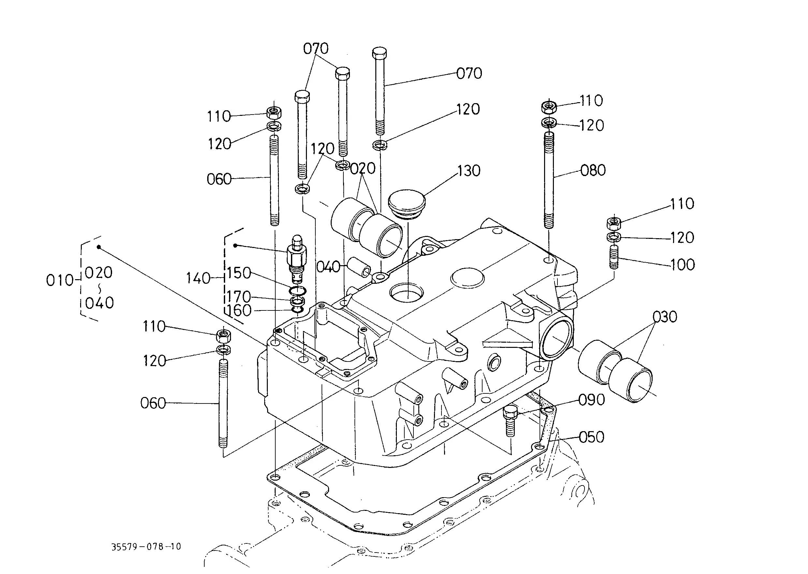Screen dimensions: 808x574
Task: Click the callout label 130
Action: (469, 171)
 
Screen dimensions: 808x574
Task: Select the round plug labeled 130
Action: (407, 204)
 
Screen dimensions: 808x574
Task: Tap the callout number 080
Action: (593, 171)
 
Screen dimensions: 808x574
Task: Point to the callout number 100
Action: (683, 265)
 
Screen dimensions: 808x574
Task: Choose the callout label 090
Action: (591, 400)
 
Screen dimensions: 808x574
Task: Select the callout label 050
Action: (591, 437)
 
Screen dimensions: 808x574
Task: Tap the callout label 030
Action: (665, 317)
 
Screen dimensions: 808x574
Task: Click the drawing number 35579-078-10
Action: (146, 547)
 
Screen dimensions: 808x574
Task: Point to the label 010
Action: (59, 280)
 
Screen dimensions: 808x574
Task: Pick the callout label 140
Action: (198, 279)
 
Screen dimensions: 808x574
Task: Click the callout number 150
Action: (238, 273)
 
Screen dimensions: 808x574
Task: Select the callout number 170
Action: (238, 296)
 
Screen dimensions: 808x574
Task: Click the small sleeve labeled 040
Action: (358, 267)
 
